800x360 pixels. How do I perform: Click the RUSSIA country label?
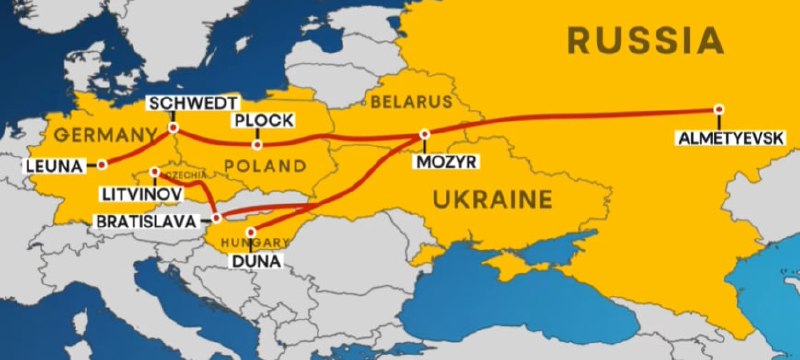pyautogui.click(x=644, y=41)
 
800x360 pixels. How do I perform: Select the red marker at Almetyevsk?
pyautogui.click(x=718, y=110)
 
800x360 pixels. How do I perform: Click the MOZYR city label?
pyautogui.click(x=447, y=160)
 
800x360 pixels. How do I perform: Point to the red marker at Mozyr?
pyautogui.click(x=425, y=134)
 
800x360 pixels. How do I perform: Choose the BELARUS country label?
pyautogui.click(x=411, y=102)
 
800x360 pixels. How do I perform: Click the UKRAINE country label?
pyautogui.click(x=492, y=200)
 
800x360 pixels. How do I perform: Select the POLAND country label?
pyautogui.click(x=265, y=165)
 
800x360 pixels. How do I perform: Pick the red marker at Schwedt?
pyautogui.click(x=174, y=127)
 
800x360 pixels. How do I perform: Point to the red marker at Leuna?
pyautogui.click(x=101, y=164)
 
